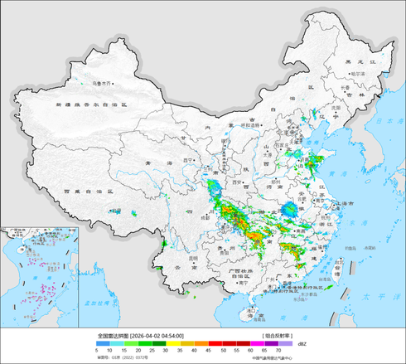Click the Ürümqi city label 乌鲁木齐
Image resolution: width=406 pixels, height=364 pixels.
click(102, 83)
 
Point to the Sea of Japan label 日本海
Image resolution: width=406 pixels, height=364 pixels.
click(386, 121)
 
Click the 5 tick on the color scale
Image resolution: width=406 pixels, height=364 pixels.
click(98, 352)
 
